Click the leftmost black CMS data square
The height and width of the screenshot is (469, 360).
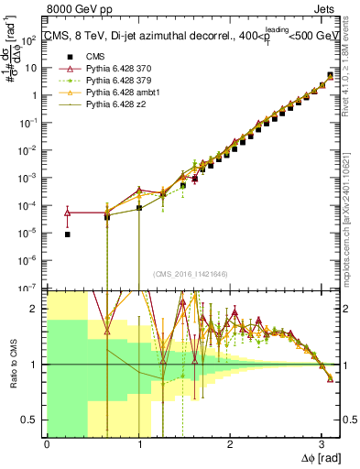pos(69,234)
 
